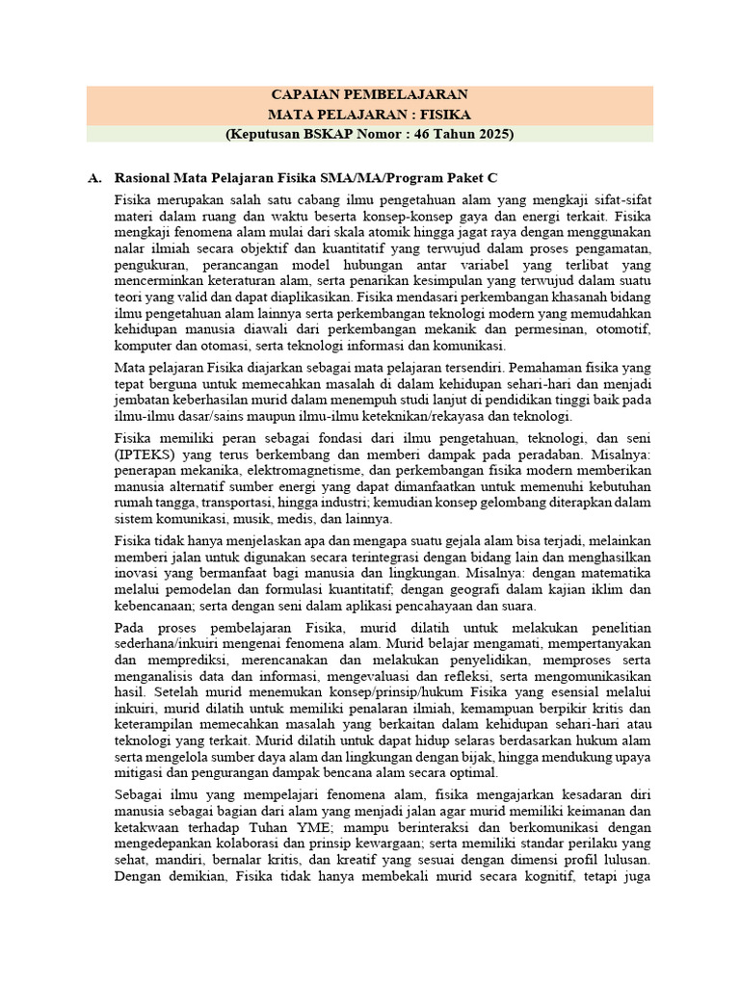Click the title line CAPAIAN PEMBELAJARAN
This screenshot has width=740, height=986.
click(370, 94)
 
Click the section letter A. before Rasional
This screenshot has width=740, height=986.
click(94, 179)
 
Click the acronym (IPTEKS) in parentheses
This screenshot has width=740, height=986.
click(145, 453)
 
